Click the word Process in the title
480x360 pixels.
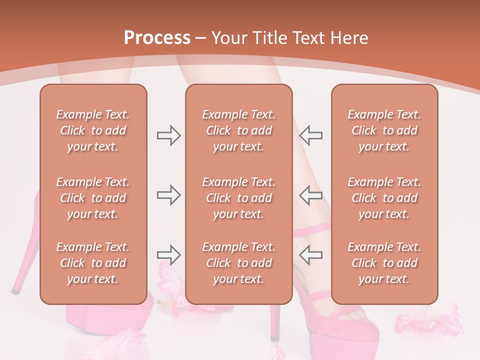157,38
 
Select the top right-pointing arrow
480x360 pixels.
168,135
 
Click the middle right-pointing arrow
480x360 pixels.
168,195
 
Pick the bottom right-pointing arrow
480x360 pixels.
168,254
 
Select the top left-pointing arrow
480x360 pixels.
311,135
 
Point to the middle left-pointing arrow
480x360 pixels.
311,195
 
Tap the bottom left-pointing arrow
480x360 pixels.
311,254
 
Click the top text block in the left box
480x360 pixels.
93,130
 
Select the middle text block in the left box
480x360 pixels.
93,198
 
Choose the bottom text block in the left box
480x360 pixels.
93,263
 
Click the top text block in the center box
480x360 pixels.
238,130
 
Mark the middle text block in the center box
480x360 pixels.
238,198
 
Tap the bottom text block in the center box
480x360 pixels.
238,263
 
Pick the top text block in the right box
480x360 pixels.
384,130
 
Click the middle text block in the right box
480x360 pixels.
384,198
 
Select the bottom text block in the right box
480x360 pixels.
384,263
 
